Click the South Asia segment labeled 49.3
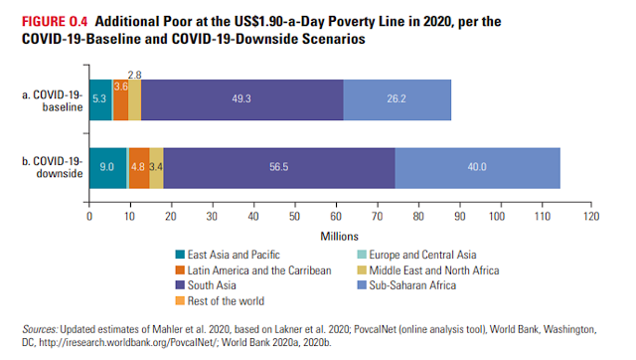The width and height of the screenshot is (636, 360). pos(242,99)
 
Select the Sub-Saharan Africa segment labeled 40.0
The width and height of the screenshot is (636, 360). pos(477,168)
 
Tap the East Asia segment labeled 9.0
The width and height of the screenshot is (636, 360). pos(108,168)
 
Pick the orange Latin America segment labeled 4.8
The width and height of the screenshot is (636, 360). pos(139,168)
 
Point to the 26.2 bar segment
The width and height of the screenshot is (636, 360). pos(397,99)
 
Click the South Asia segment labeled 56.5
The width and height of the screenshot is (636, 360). pos(279,168)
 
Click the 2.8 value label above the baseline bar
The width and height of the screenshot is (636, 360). pos(135,76)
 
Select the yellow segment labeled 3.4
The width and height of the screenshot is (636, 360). pos(156,168)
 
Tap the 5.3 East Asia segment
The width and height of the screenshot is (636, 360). pos(100,99)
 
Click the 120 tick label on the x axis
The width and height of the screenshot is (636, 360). pos(591,217)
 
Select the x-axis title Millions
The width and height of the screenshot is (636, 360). pos(340,237)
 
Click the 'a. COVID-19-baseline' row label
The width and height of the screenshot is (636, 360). pos(53,100)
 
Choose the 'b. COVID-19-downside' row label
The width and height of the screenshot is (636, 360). pos(53,167)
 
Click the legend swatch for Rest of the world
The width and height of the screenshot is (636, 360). pos(180,300)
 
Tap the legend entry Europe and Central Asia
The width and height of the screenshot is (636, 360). pos(416,255)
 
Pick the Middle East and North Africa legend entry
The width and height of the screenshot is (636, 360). pos(428,270)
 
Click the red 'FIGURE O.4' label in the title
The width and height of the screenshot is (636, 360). pos(55,22)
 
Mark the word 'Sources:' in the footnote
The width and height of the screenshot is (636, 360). pos(40,329)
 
